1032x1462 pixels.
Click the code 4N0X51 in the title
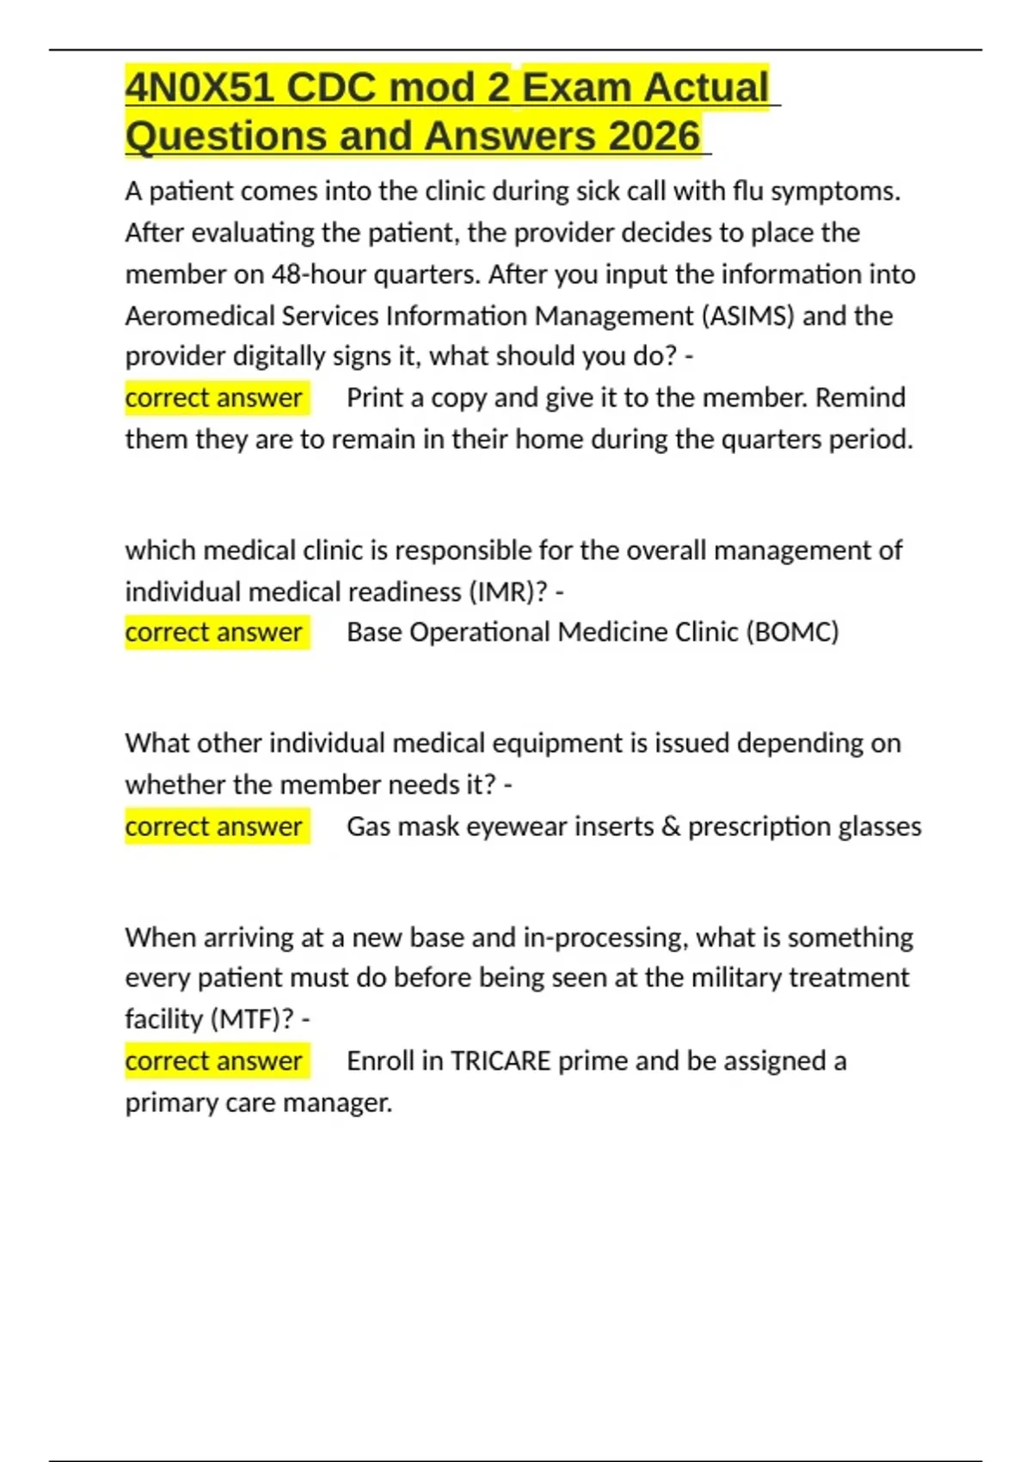(200, 88)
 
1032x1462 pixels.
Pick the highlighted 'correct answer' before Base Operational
(213, 632)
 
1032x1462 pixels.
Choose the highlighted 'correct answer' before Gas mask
(213, 826)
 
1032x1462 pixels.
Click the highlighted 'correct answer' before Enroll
(213, 1060)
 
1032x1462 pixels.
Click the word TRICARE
(500, 1060)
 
